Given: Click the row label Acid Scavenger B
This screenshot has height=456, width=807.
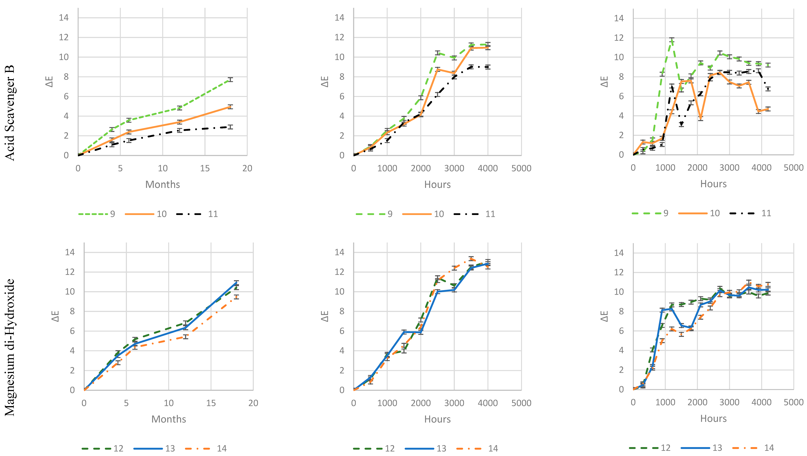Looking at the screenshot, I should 10,113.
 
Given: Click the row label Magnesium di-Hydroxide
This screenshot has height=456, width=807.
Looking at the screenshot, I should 10,347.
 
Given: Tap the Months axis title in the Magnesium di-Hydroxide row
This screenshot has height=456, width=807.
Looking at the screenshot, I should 169,419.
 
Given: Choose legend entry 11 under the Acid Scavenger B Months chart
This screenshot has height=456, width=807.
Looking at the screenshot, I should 213,214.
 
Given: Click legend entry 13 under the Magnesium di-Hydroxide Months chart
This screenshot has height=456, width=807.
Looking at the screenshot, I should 170,448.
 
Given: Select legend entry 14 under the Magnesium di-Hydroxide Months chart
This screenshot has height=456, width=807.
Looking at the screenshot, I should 221,448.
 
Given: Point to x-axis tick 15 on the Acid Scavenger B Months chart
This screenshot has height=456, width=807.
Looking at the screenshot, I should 205,168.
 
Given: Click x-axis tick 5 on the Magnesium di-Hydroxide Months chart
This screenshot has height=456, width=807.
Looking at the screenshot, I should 126,403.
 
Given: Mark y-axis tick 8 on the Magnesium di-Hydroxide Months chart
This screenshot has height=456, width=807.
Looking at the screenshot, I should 72,311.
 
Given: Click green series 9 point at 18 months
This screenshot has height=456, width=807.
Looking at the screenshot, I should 230,80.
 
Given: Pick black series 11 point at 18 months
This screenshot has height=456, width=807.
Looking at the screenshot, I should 230,127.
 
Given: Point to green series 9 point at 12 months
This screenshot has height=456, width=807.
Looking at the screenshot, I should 179,108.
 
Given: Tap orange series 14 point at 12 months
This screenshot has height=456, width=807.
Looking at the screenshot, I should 185,337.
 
